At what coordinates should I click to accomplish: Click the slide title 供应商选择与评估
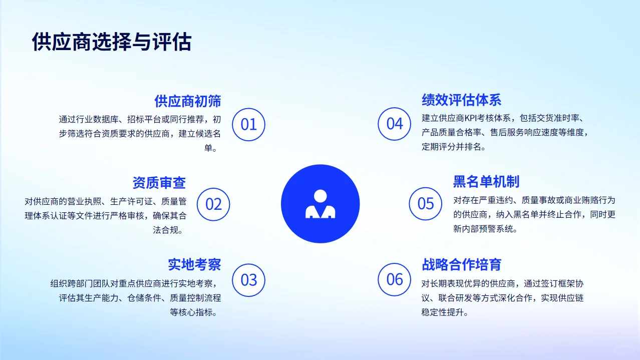pos(111,42)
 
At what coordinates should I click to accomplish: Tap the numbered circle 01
pos(248,124)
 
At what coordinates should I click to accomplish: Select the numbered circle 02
pos(213,204)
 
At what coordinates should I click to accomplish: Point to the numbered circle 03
pos(248,279)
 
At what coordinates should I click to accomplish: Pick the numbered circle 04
pos(394,124)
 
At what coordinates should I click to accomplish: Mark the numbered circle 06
pos(394,279)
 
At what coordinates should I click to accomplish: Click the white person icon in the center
pos(320,204)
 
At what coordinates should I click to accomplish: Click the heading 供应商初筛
pos(187,101)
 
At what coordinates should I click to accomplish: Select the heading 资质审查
pos(159,182)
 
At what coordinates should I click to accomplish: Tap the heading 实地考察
pos(194,264)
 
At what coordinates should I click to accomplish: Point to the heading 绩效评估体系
pos(461,100)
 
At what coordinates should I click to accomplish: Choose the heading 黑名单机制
pos(486,181)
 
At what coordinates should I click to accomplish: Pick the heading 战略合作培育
pos(461,264)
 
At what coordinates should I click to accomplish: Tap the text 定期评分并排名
pos(454,147)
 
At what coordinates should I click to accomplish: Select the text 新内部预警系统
pos(485,229)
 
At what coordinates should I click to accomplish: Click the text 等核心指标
pos(196,312)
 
